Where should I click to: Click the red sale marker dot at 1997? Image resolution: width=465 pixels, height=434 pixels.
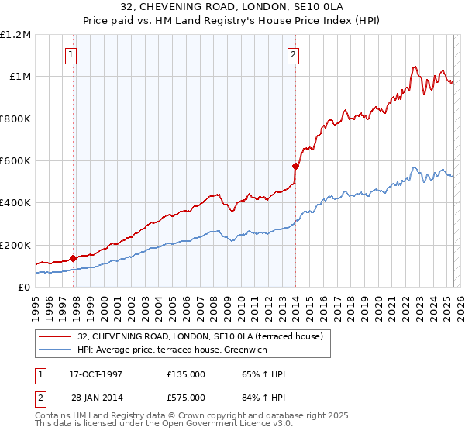(73, 259)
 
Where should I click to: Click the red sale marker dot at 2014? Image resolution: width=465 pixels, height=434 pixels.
(295, 166)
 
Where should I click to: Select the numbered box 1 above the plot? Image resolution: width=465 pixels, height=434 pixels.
(71, 54)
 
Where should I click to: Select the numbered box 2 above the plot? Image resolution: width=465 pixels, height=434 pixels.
(294, 54)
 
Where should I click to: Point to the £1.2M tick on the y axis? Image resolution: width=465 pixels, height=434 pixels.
(16, 35)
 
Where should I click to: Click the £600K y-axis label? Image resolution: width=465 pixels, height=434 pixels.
(15, 161)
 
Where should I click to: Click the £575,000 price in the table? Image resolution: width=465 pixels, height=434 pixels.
(186, 397)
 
